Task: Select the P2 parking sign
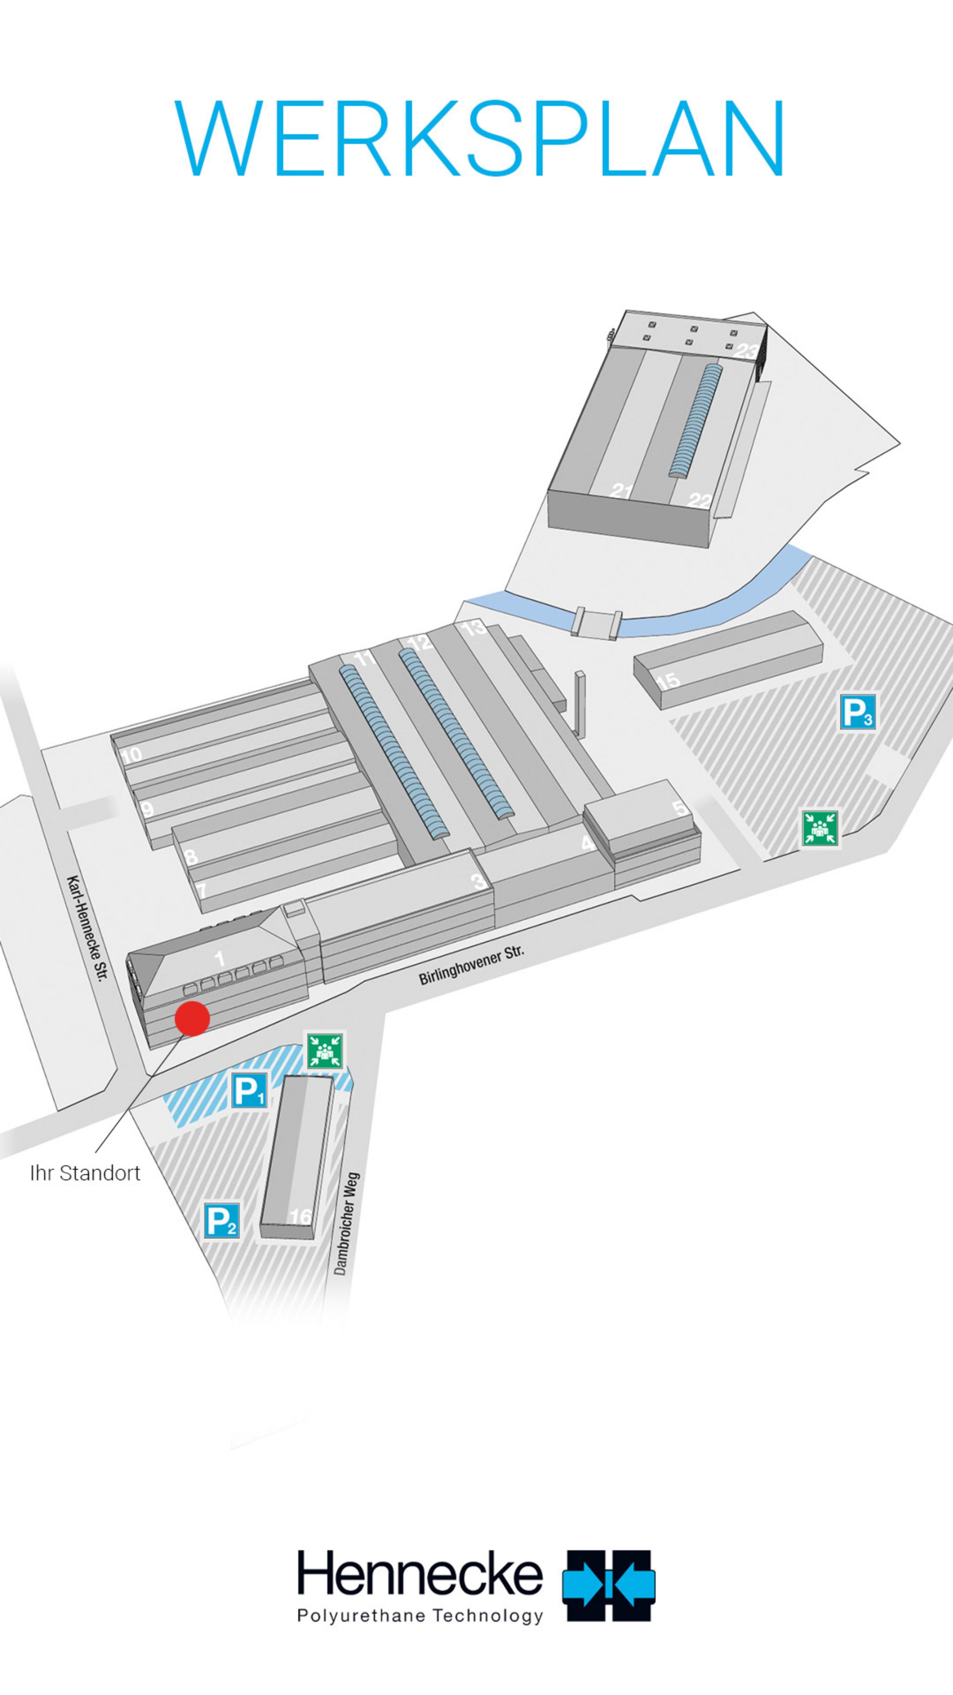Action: [x=221, y=1220]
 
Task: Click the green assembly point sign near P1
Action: [x=325, y=1051]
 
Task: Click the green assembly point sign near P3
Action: [x=820, y=828]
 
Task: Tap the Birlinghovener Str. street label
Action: [x=472, y=965]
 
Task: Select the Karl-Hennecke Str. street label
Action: [x=87, y=928]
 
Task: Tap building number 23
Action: [x=745, y=351]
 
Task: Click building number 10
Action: [x=131, y=755]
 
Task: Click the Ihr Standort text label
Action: [x=86, y=1173]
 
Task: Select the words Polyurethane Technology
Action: [x=420, y=1616]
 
